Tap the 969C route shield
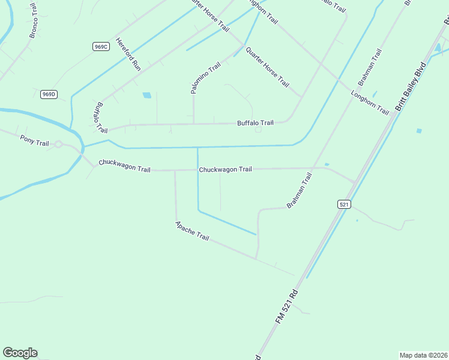[x=101, y=47]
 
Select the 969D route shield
[x=49, y=94]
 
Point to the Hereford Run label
[x=128, y=55]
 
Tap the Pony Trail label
[x=34, y=143]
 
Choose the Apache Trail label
[x=192, y=231]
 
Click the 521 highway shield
[x=343, y=205]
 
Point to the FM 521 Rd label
[x=287, y=308]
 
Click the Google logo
[x=20, y=353]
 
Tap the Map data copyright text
[x=423, y=355]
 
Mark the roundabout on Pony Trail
[x=59, y=144]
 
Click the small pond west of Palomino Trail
[x=146, y=95]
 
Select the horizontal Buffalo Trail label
[x=255, y=123]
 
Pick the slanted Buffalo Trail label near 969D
[x=99, y=117]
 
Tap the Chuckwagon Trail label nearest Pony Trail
[x=124, y=165]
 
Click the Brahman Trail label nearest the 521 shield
[x=300, y=190]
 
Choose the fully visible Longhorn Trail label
[x=370, y=103]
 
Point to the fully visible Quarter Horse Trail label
[x=267, y=66]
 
